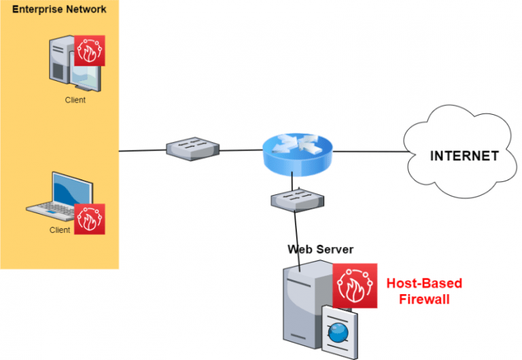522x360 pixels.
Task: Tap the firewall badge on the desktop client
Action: [x=90, y=50]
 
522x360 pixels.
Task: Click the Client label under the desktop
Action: [x=75, y=100]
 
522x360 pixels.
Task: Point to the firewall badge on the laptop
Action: [x=90, y=219]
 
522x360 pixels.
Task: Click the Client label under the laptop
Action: [x=60, y=230]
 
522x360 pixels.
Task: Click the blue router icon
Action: [x=297, y=152]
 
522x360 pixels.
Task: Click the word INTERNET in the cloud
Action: [x=464, y=156]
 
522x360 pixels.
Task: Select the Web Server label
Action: [x=320, y=249]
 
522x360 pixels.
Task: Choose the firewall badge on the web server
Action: [x=355, y=286]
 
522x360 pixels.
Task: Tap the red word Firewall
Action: [x=424, y=299]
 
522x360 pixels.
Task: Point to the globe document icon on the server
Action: [x=338, y=333]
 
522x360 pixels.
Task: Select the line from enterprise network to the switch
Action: [x=142, y=151]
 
